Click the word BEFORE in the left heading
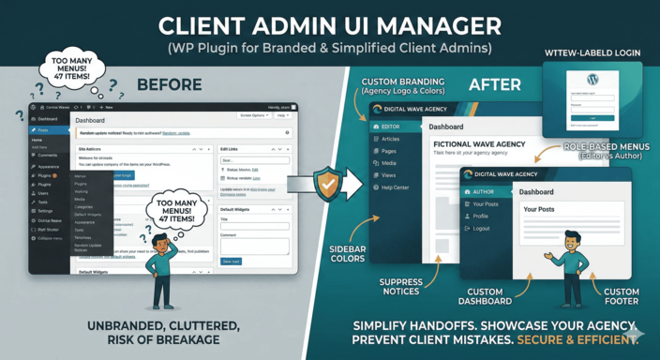tap(169, 85)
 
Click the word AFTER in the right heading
tap(494, 85)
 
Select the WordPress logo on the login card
tap(591, 80)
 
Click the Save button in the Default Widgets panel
tap(231, 261)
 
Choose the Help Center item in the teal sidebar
tap(395, 187)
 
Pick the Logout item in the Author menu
tap(481, 228)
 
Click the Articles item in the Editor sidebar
tap(390, 139)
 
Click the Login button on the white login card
tap(591, 117)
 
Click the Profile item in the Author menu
tap(482, 216)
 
